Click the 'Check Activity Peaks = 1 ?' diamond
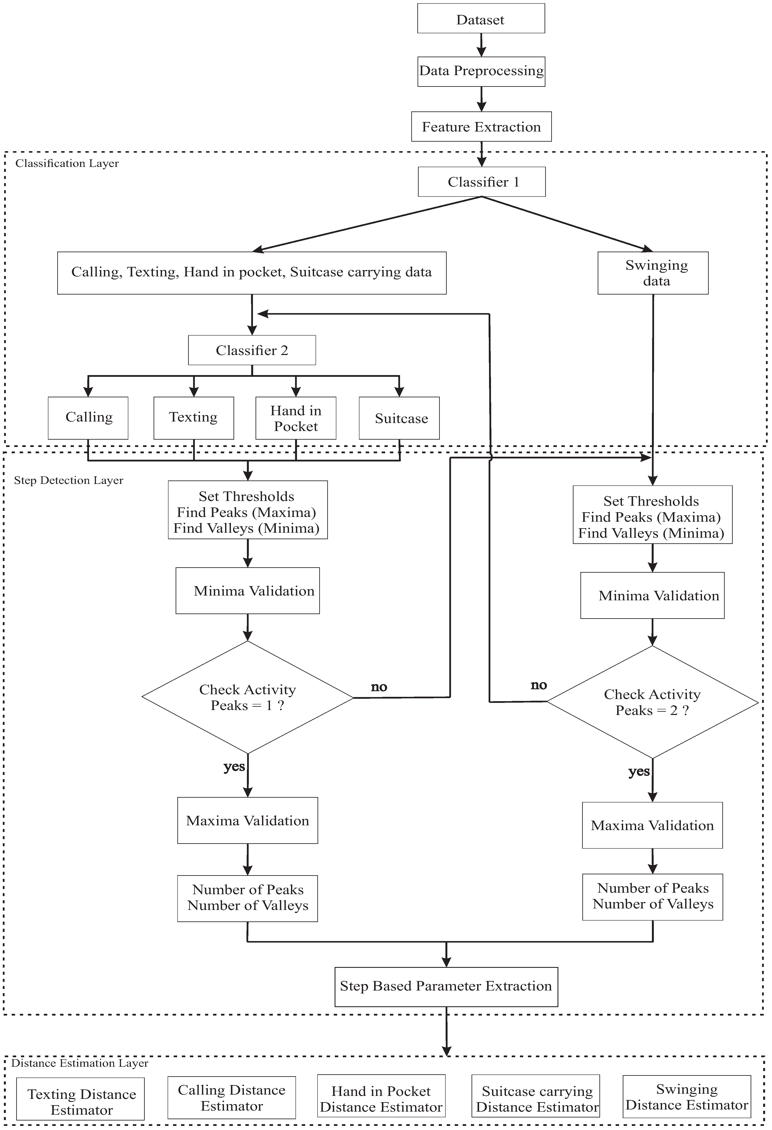(248, 697)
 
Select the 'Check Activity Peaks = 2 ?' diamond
(652, 702)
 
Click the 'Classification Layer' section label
(67, 163)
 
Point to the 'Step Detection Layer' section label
(69, 480)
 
